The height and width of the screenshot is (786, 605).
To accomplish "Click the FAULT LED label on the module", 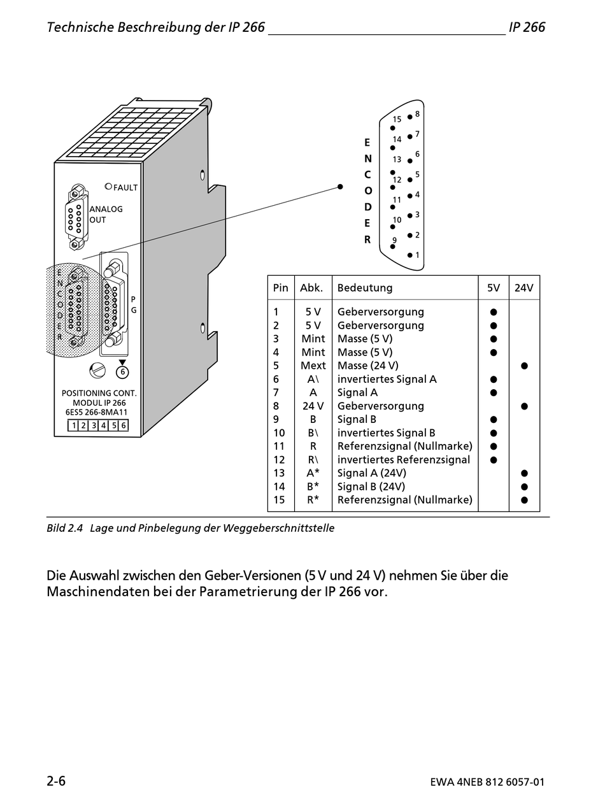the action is coord(125,187).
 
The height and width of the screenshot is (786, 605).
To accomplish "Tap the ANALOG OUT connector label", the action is coord(106,214).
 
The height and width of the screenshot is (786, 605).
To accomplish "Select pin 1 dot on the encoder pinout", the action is coord(409,255).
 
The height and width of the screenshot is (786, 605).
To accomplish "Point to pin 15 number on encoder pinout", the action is coord(397,119).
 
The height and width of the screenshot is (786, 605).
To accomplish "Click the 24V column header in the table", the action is coord(523,287).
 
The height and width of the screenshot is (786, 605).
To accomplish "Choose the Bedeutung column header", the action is coord(364,287).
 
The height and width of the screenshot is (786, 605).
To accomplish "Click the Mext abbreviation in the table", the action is coord(313,366).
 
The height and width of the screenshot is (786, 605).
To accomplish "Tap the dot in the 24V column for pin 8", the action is coord(524,406).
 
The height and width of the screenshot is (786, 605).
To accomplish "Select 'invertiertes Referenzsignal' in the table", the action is coord(404,459).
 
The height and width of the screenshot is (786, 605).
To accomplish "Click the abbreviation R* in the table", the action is coord(313,499).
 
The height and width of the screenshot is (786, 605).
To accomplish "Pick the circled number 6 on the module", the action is coord(122,372).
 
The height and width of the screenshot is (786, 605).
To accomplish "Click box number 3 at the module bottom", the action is coord(94,425).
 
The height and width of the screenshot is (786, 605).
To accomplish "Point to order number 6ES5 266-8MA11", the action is coord(97,412).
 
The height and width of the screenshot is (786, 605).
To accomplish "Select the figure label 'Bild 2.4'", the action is coord(65,528).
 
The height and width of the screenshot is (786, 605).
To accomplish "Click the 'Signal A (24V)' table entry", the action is coord(371,473).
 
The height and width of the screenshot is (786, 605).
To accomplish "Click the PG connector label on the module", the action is coord(134,304).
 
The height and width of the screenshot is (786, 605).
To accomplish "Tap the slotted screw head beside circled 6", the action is coord(97,371).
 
